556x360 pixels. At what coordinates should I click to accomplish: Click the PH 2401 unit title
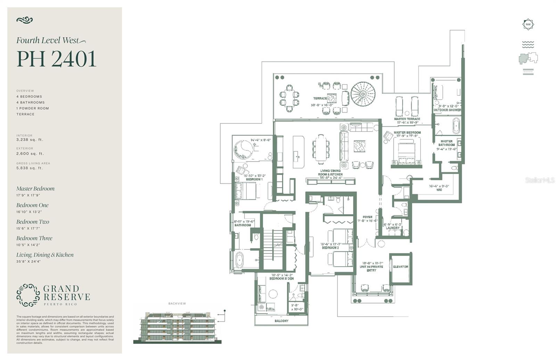click(x=56, y=59)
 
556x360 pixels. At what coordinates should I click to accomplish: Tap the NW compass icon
click(x=528, y=24)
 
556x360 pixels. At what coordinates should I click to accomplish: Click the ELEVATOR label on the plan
click(x=400, y=267)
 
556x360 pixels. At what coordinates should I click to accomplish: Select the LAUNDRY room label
click(x=392, y=228)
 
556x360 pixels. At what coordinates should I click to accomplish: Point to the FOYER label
click(x=367, y=217)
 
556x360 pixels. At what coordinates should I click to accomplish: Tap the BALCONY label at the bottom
click(x=281, y=321)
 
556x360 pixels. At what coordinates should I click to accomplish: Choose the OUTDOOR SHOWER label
click(x=447, y=110)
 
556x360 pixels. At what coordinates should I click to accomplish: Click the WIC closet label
click(x=439, y=190)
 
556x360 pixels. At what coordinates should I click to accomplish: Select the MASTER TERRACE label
click(x=407, y=119)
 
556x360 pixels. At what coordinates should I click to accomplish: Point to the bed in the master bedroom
click(x=406, y=153)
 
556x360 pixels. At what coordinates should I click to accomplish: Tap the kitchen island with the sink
click(x=298, y=152)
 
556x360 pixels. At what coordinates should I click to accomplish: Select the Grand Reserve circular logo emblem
click(x=28, y=295)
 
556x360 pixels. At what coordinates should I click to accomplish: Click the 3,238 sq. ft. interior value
click(x=30, y=140)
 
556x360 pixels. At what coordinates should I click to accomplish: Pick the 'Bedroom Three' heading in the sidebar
click(x=34, y=238)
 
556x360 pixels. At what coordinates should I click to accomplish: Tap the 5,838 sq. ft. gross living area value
click(x=30, y=168)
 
